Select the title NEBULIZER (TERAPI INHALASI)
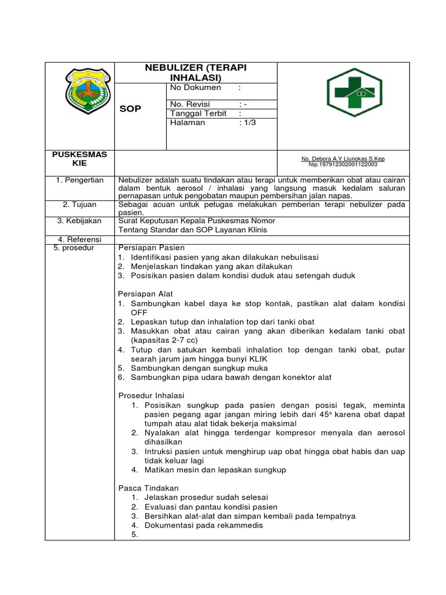click(x=196, y=73)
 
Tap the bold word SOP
click(x=130, y=109)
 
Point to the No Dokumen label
click(x=196, y=88)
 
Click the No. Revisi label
click(x=193, y=104)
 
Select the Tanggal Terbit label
click(x=198, y=113)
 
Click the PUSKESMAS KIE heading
click(x=80, y=159)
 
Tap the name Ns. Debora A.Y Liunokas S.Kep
click(x=343, y=159)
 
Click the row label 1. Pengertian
click(x=80, y=180)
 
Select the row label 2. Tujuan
click(x=80, y=205)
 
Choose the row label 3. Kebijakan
click(x=80, y=221)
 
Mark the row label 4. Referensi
click(x=80, y=239)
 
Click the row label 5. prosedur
click(x=78, y=248)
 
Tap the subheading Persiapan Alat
click(x=146, y=294)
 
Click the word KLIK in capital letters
click(x=256, y=359)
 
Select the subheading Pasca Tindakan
click(x=149, y=488)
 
